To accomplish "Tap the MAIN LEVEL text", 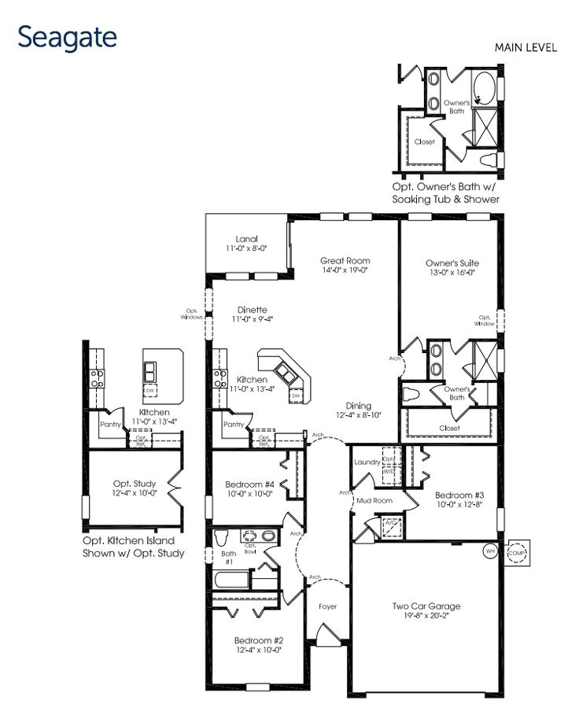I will coord(526,48).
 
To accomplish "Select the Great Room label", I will coord(345,260).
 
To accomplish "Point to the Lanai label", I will coord(246,239).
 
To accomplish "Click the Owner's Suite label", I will coord(452,263).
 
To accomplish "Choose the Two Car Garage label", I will coord(426,606).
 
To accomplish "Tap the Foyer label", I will coord(327,606).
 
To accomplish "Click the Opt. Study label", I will coord(134,483).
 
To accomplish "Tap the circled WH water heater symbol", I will coord(490,551).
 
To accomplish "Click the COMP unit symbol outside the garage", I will coord(518,553).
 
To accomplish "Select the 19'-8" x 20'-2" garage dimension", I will coord(426,616).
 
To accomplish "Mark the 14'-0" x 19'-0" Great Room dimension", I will coord(345,271).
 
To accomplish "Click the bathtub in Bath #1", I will coord(239,583).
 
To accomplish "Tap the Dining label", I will coord(359,405).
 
